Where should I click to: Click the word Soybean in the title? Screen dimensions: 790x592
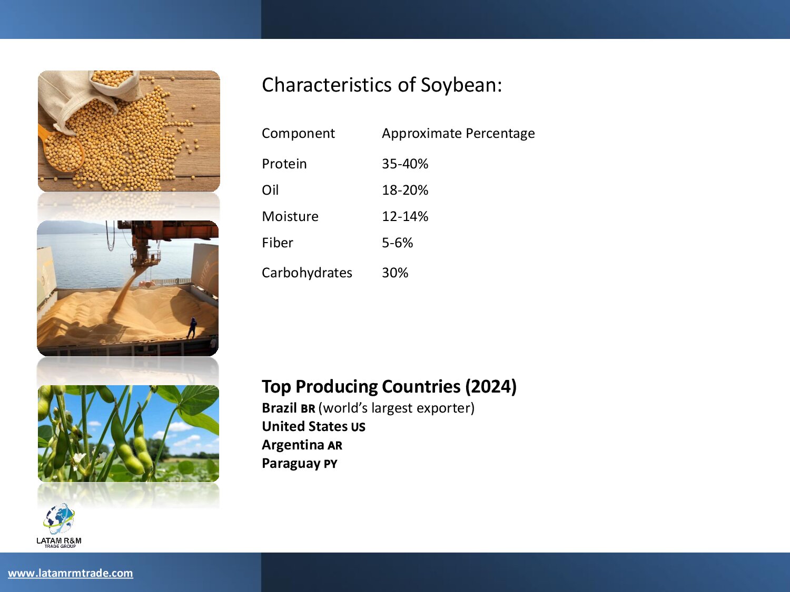click(x=461, y=85)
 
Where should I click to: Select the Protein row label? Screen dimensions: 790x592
click(x=284, y=164)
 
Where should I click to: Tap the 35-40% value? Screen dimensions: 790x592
click(x=405, y=164)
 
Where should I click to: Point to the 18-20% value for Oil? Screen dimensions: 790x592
click(x=405, y=190)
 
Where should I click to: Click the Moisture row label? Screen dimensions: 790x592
click(x=290, y=216)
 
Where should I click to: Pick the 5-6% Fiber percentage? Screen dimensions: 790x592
click(x=397, y=243)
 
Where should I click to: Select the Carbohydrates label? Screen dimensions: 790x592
click(x=307, y=273)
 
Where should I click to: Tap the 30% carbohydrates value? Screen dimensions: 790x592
click(x=395, y=273)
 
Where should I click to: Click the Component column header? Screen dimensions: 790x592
click(x=298, y=134)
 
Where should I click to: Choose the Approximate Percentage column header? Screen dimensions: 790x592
click(x=458, y=134)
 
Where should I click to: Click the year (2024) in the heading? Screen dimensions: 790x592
click(x=491, y=387)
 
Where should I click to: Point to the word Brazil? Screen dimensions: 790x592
click(x=279, y=408)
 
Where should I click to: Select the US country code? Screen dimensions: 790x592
click(x=358, y=427)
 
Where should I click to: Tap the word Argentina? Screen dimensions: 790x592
click(x=293, y=445)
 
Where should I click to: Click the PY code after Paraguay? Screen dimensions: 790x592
click(x=330, y=464)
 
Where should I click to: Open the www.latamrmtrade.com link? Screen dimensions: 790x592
click(x=71, y=573)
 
